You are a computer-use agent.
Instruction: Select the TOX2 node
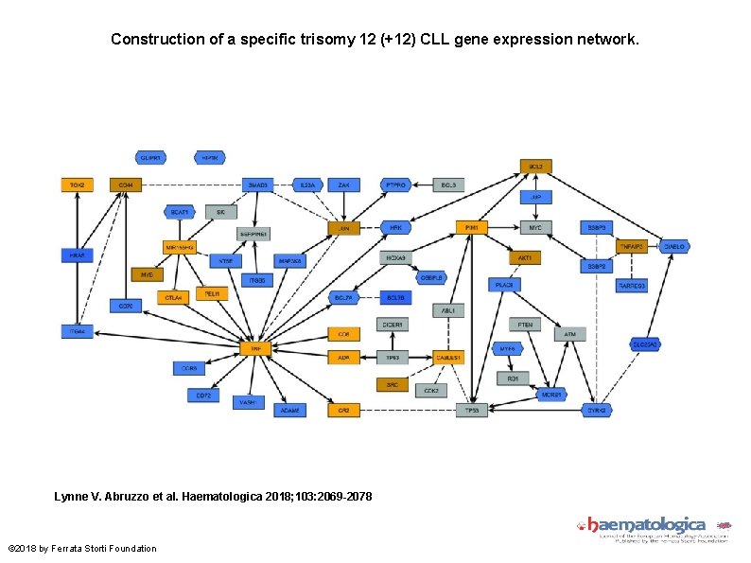pyautogui.click(x=77, y=185)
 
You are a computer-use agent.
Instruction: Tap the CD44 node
pyautogui.click(x=125, y=185)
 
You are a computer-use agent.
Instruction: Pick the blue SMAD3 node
pyautogui.click(x=256, y=185)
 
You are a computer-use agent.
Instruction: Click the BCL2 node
pyautogui.click(x=535, y=167)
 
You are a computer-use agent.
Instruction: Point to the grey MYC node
pyautogui.click(x=535, y=228)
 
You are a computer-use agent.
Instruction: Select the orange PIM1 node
pyautogui.click(x=470, y=228)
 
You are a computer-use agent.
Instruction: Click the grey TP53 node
pyautogui.click(x=470, y=411)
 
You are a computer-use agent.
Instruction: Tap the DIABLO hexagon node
pyautogui.click(x=673, y=246)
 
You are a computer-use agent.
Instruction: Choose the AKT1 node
pyautogui.click(x=524, y=257)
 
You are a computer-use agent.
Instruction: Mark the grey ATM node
pyautogui.click(x=570, y=334)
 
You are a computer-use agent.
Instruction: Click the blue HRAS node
pyautogui.click(x=77, y=255)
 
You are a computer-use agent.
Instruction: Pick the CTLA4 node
pyautogui.click(x=173, y=297)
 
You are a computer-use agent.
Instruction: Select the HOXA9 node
pyautogui.click(x=396, y=257)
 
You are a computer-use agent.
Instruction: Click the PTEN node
pyautogui.click(x=525, y=325)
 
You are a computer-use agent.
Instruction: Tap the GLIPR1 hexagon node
pyautogui.click(x=150, y=157)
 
